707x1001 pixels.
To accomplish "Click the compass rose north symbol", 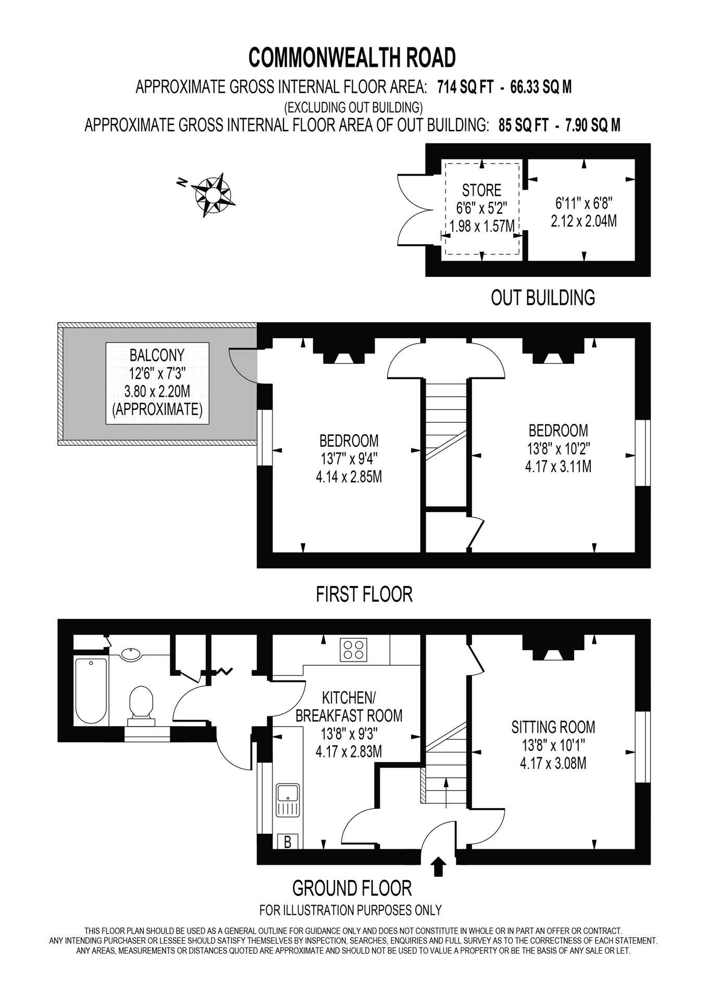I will coord(213,195).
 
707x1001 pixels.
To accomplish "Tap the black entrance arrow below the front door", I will coord(439,866).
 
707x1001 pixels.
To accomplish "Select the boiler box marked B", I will coord(287,841).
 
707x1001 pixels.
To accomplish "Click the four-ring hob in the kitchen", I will coord(353,650).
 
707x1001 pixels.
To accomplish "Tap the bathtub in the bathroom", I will coord(91,691).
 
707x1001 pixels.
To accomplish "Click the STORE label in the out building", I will coord(481,190).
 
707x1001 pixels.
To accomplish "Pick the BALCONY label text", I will coord(157,356).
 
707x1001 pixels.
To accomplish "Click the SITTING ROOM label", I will coord(553,727).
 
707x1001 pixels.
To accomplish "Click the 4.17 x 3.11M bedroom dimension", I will coord(558,466).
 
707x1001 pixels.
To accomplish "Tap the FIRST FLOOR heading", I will coord(364,594).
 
